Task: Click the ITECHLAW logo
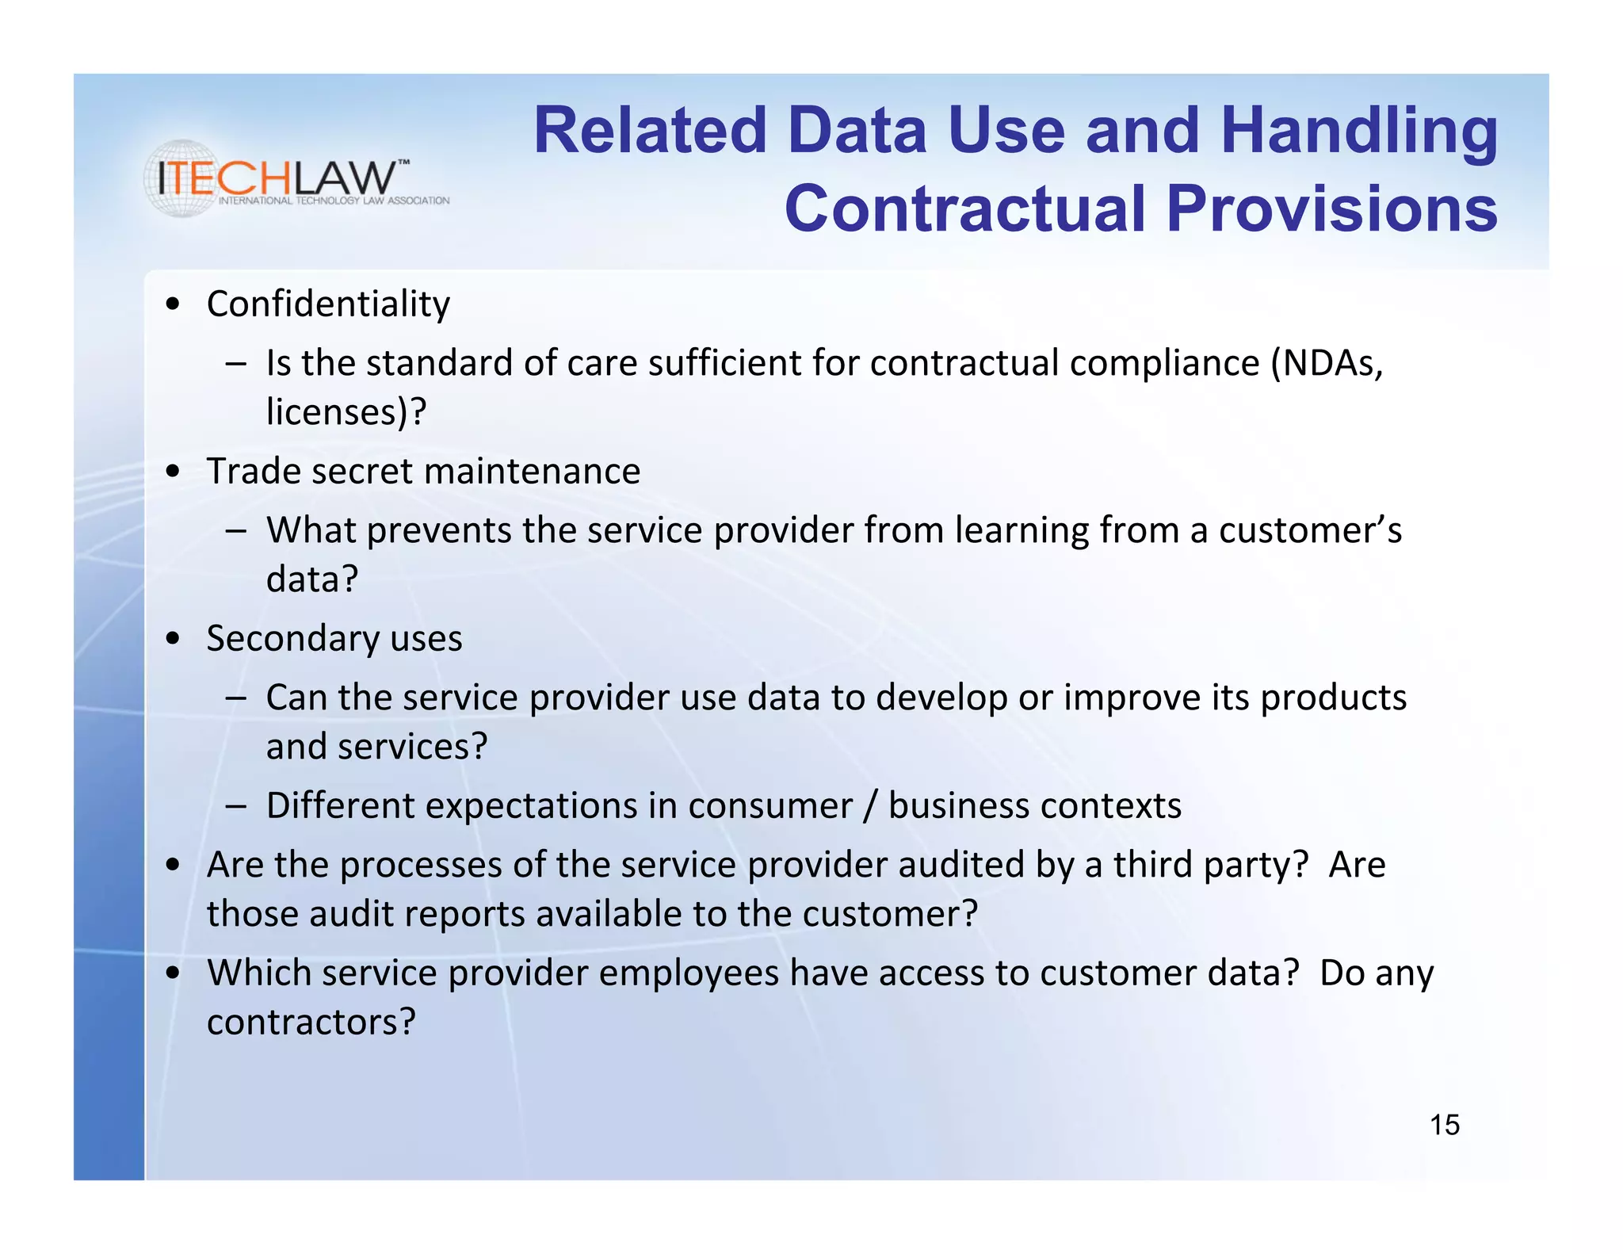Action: click(285, 179)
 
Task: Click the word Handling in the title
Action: click(1358, 131)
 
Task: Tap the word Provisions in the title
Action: click(1331, 208)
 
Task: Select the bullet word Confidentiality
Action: click(328, 304)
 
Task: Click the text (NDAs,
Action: click(1327, 363)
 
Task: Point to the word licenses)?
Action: click(346, 412)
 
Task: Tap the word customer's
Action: click(1309, 530)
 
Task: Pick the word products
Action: click(1333, 698)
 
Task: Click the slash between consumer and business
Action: click(870, 806)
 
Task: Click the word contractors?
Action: click(311, 1023)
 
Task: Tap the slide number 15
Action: click(1444, 1125)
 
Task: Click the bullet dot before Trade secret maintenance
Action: click(174, 472)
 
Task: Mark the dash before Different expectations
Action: click(235, 806)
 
